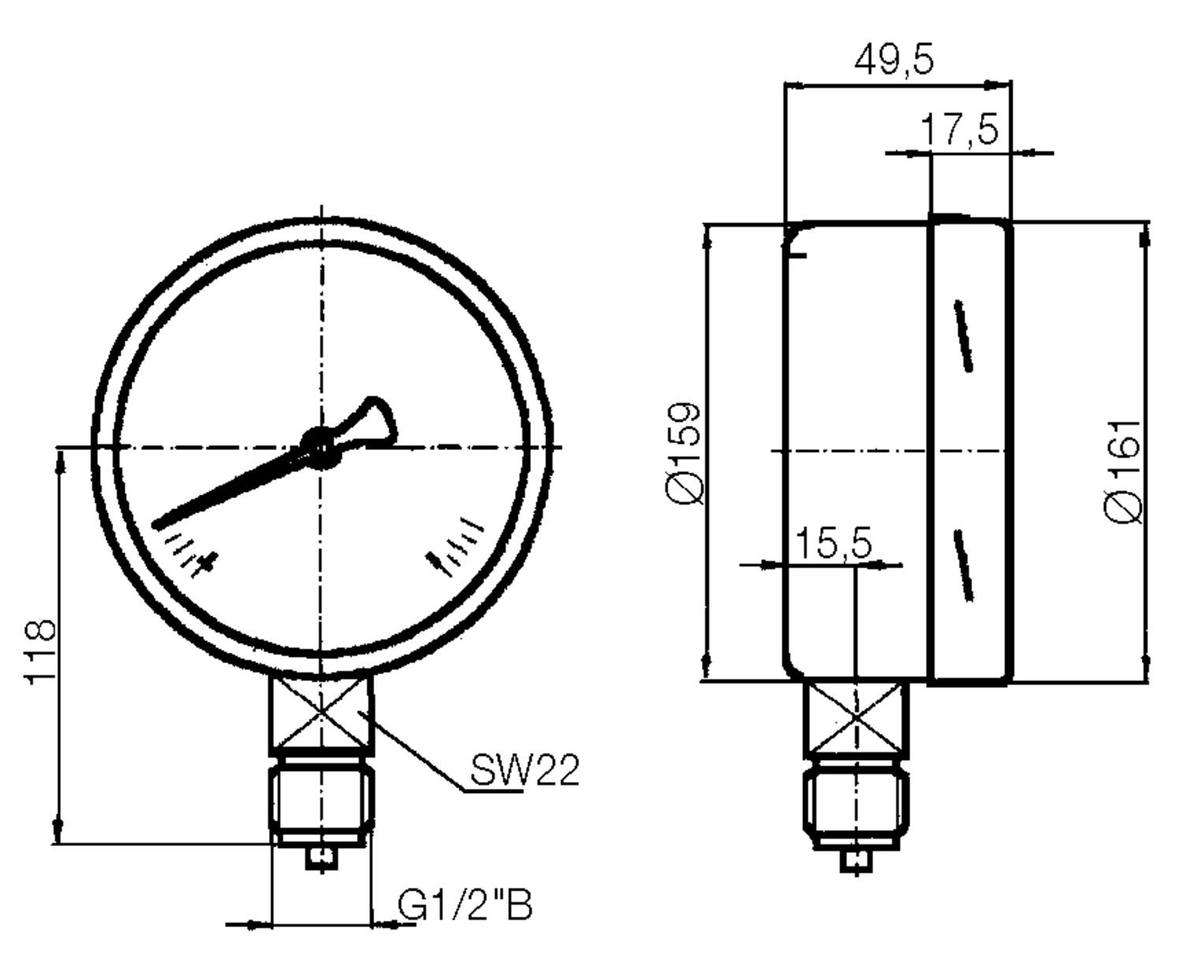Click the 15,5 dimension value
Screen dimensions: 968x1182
832,543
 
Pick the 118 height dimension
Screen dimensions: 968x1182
39,651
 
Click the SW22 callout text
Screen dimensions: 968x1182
525,770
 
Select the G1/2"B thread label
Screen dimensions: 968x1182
465,906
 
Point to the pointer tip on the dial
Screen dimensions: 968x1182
161,523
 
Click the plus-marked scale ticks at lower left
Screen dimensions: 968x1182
191,552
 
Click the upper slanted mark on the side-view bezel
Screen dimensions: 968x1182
964,335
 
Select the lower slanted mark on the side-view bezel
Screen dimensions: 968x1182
964,565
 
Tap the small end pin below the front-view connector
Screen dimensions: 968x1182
322,857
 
